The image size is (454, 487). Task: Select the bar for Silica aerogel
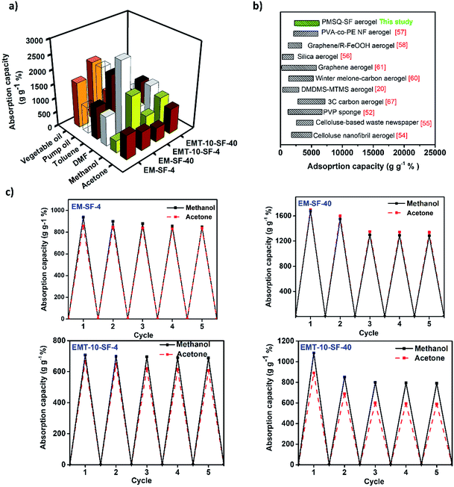coord(287,56)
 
